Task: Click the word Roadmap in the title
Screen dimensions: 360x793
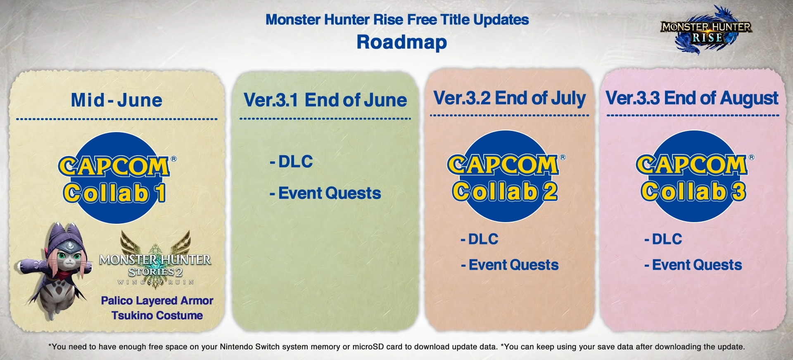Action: pyautogui.click(x=401, y=42)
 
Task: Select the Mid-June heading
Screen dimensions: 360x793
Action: pyautogui.click(x=116, y=100)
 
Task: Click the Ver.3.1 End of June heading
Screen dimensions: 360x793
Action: pyautogui.click(x=325, y=100)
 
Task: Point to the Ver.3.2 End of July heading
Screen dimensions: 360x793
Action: pyautogui.click(x=509, y=98)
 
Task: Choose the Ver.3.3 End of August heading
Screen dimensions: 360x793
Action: pyautogui.click(x=692, y=98)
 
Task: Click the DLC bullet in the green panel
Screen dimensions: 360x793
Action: pyautogui.click(x=292, y=161)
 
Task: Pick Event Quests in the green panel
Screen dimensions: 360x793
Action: pyautogui.click(x=325, y=193)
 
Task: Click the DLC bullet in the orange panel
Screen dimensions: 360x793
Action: pyautogui.click(x=480, y=239)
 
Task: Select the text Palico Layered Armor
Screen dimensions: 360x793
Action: pyautogui.click(x=157, y=301)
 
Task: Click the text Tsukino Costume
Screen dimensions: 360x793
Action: pyautogui.click(x=157, y=315)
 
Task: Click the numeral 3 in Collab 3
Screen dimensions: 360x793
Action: pyautogui.click(x=739, y=192)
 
